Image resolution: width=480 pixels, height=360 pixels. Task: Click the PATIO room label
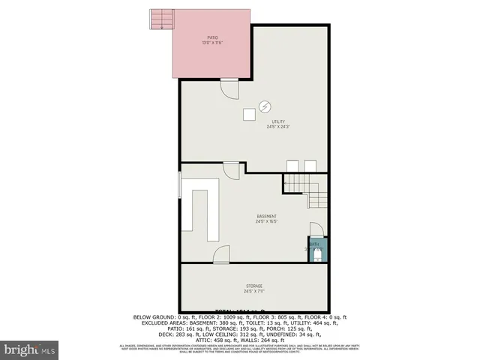212,37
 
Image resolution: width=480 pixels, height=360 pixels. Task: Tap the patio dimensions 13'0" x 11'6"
212,43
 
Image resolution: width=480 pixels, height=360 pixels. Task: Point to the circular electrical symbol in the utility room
264,105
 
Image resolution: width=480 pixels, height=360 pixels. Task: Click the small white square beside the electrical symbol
247,114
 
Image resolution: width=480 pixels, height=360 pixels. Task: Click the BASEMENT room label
266,216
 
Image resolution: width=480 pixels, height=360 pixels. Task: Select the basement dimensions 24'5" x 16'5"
266,222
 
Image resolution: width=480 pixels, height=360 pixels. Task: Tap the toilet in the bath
318,256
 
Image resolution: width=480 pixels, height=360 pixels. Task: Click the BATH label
314,244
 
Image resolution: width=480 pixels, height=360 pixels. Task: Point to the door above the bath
316,229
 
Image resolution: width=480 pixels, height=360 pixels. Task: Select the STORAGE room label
253,286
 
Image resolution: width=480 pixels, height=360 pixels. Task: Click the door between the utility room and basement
232,169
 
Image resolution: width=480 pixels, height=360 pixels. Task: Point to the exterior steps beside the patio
160,19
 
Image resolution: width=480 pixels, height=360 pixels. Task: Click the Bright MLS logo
29,349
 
